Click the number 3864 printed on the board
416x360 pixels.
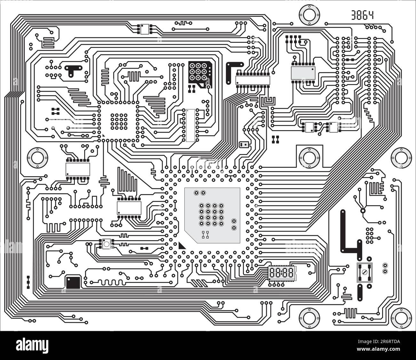362,15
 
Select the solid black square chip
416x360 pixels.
73,282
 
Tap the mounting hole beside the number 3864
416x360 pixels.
309,15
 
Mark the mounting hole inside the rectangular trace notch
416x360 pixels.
309,157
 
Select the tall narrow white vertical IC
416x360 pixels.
190,125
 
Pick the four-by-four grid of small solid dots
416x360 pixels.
119,121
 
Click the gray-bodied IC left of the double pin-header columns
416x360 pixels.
303,73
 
